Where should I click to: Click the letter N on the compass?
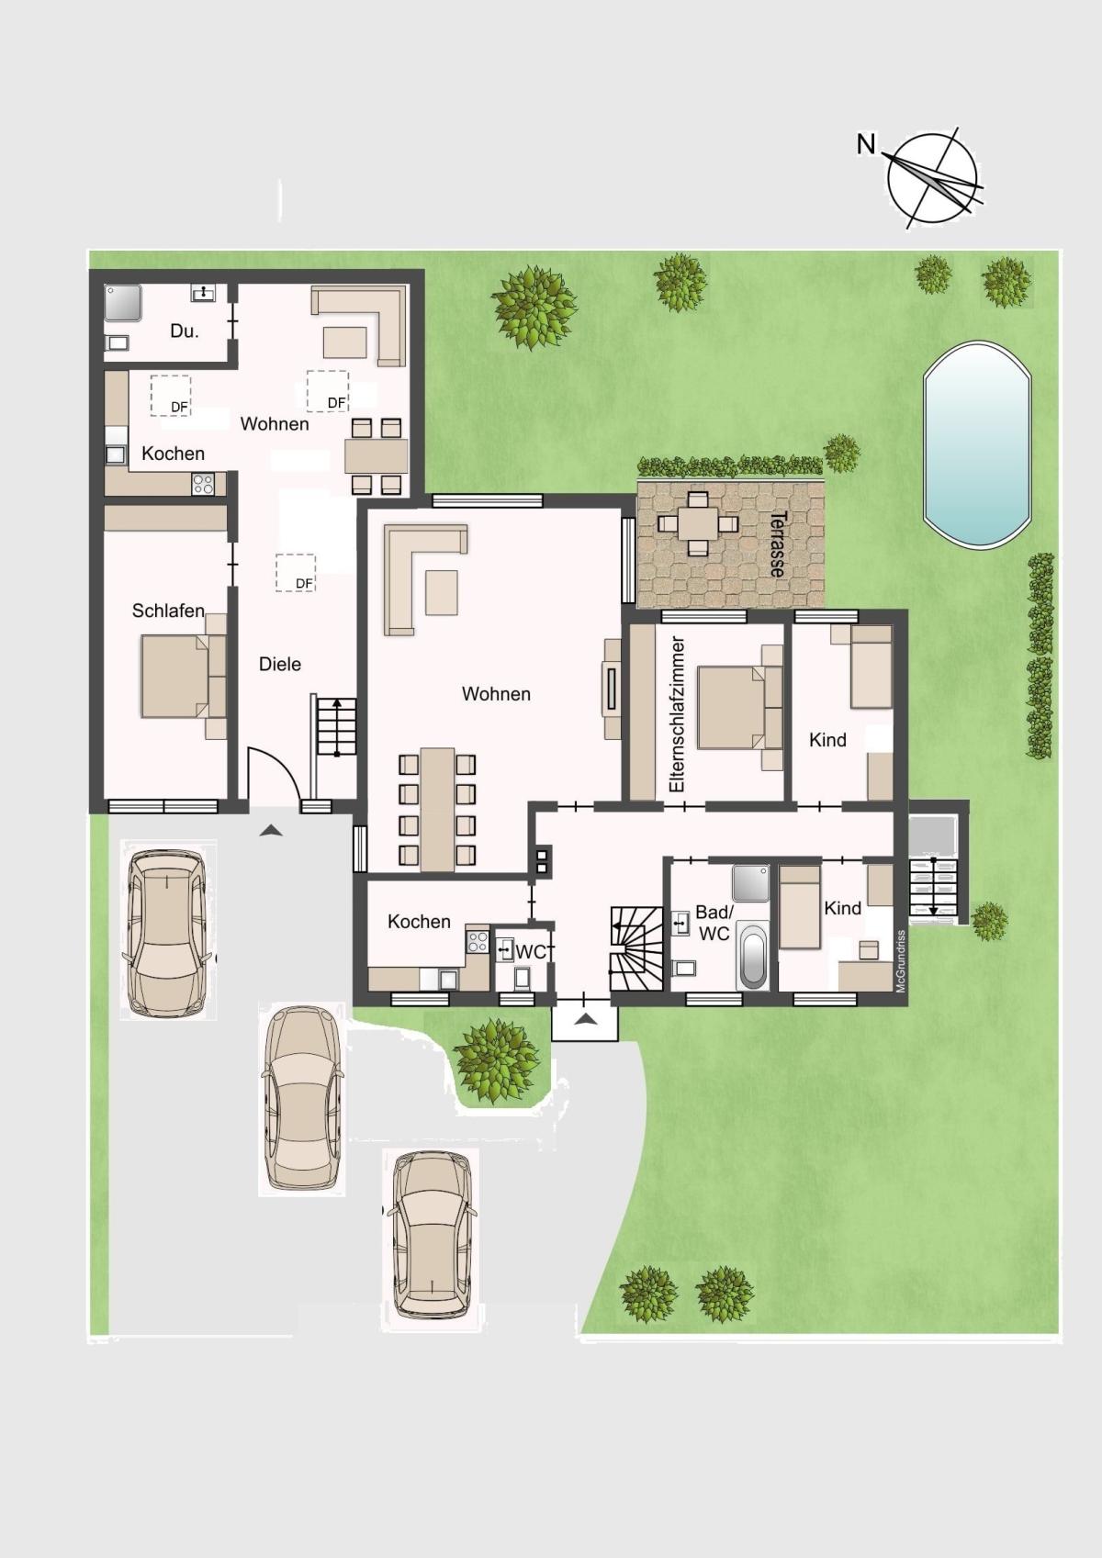(866, 145)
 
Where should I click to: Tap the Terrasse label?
(779, 544)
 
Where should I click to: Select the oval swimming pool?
(977, 443)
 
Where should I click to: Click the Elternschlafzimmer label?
(677, 714)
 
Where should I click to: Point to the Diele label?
(280, 664)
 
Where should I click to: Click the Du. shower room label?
(185, 331)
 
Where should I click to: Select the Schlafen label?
(168, 611)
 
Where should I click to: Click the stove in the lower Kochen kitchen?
(478, 942)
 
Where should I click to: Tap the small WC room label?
(531, 952)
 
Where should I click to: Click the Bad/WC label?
(714, 923)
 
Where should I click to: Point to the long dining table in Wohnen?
(438, 809)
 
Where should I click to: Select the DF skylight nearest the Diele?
(296, 572)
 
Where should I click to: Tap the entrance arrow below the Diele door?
(271, 829)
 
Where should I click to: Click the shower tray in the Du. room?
(123, 303)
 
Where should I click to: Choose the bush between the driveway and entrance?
(495, 1061)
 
